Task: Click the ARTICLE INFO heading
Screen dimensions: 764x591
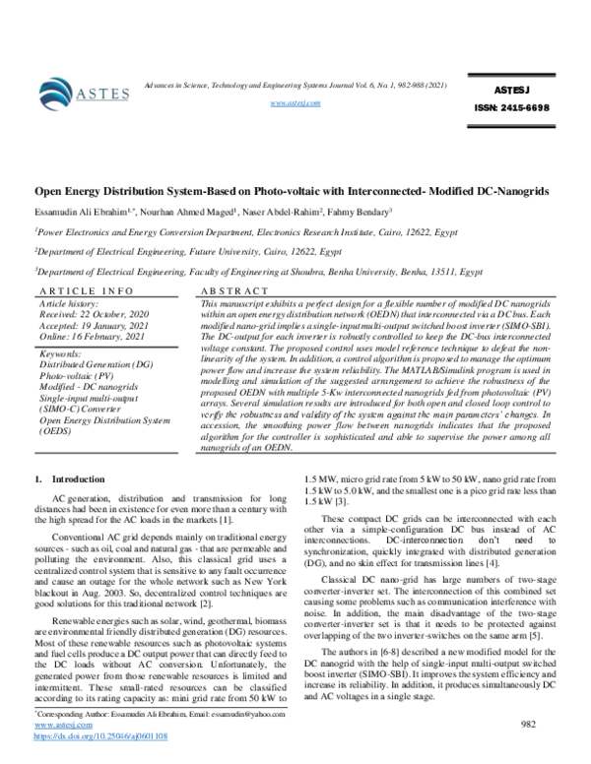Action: pos(86,292)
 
